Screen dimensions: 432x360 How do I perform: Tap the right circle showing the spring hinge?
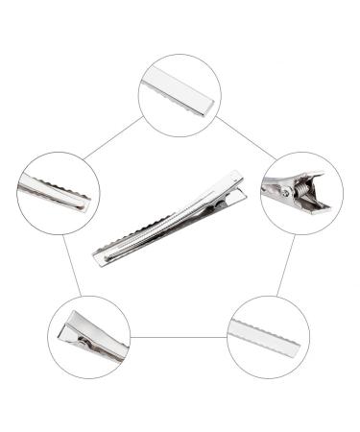pos(300,192)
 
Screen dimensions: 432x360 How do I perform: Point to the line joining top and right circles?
pos(245,137)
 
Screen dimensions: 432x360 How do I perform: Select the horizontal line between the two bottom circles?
pos(179,337)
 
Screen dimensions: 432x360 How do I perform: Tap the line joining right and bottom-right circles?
pos(285,264)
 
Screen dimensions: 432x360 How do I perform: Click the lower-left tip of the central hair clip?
pos(98,259)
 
